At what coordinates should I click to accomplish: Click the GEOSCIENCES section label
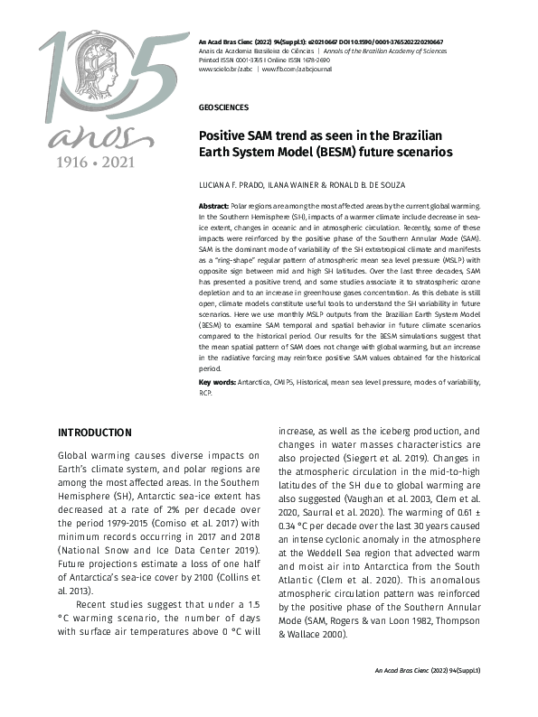point(223,107)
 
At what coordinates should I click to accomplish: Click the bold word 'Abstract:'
point(214,207)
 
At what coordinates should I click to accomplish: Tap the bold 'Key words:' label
point(217,383)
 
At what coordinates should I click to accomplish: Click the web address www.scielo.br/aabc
point(226,69)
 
